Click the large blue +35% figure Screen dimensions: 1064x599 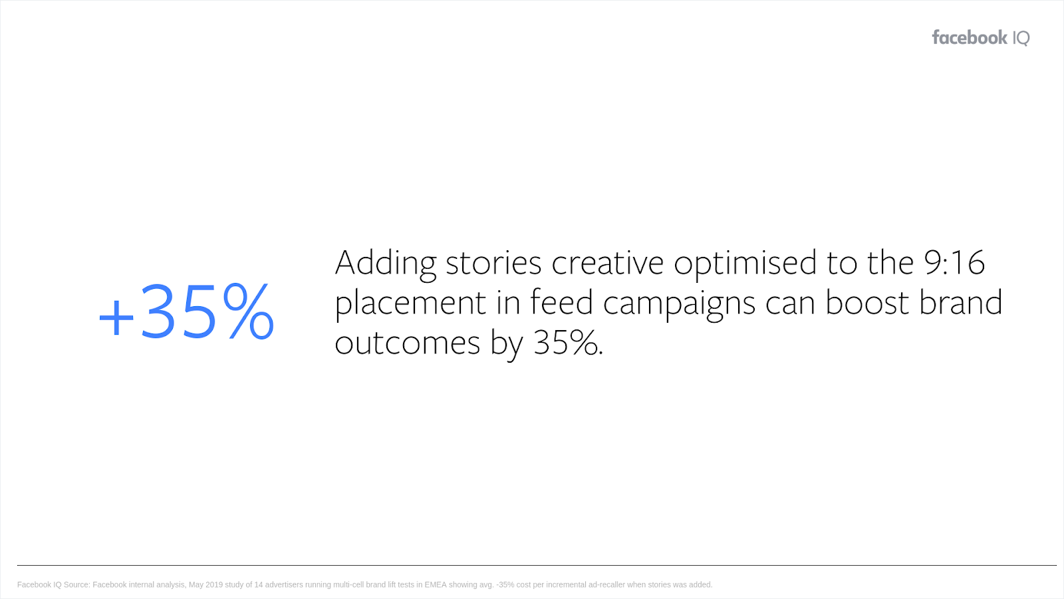coord(186,312)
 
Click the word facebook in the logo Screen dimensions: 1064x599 coord(970,37)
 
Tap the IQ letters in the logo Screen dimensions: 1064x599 coord(1021,38)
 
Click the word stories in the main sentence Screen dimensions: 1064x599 coord(493,263)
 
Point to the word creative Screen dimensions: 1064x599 coord(607,263)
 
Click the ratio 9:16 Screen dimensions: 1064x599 coord(954,262)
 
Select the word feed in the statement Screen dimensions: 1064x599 coord(561,302)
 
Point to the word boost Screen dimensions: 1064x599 coord(867,302)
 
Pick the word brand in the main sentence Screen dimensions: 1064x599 coord(960,302)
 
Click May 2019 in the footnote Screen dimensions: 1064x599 coord(206,585)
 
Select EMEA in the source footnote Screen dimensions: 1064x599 coord(436,585)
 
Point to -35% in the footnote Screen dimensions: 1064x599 coord(505,585)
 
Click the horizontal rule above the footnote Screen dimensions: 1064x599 coord(537,565)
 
